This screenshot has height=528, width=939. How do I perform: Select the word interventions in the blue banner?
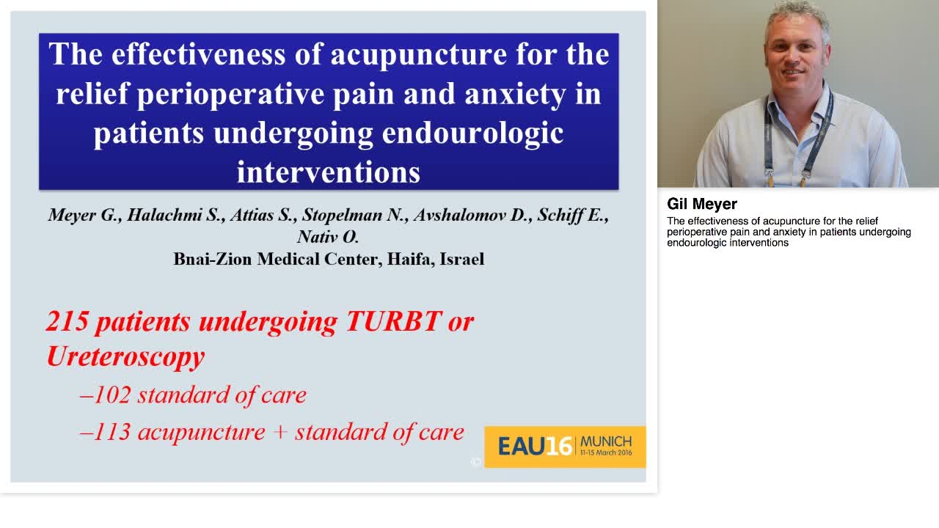328,172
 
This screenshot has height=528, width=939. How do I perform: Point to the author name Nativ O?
328,237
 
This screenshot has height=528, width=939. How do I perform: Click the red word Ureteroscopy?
125,357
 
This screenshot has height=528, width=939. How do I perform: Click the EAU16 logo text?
535,446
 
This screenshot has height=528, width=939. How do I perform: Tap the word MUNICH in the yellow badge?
606,441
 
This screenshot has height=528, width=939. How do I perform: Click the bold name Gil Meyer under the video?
702,204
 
